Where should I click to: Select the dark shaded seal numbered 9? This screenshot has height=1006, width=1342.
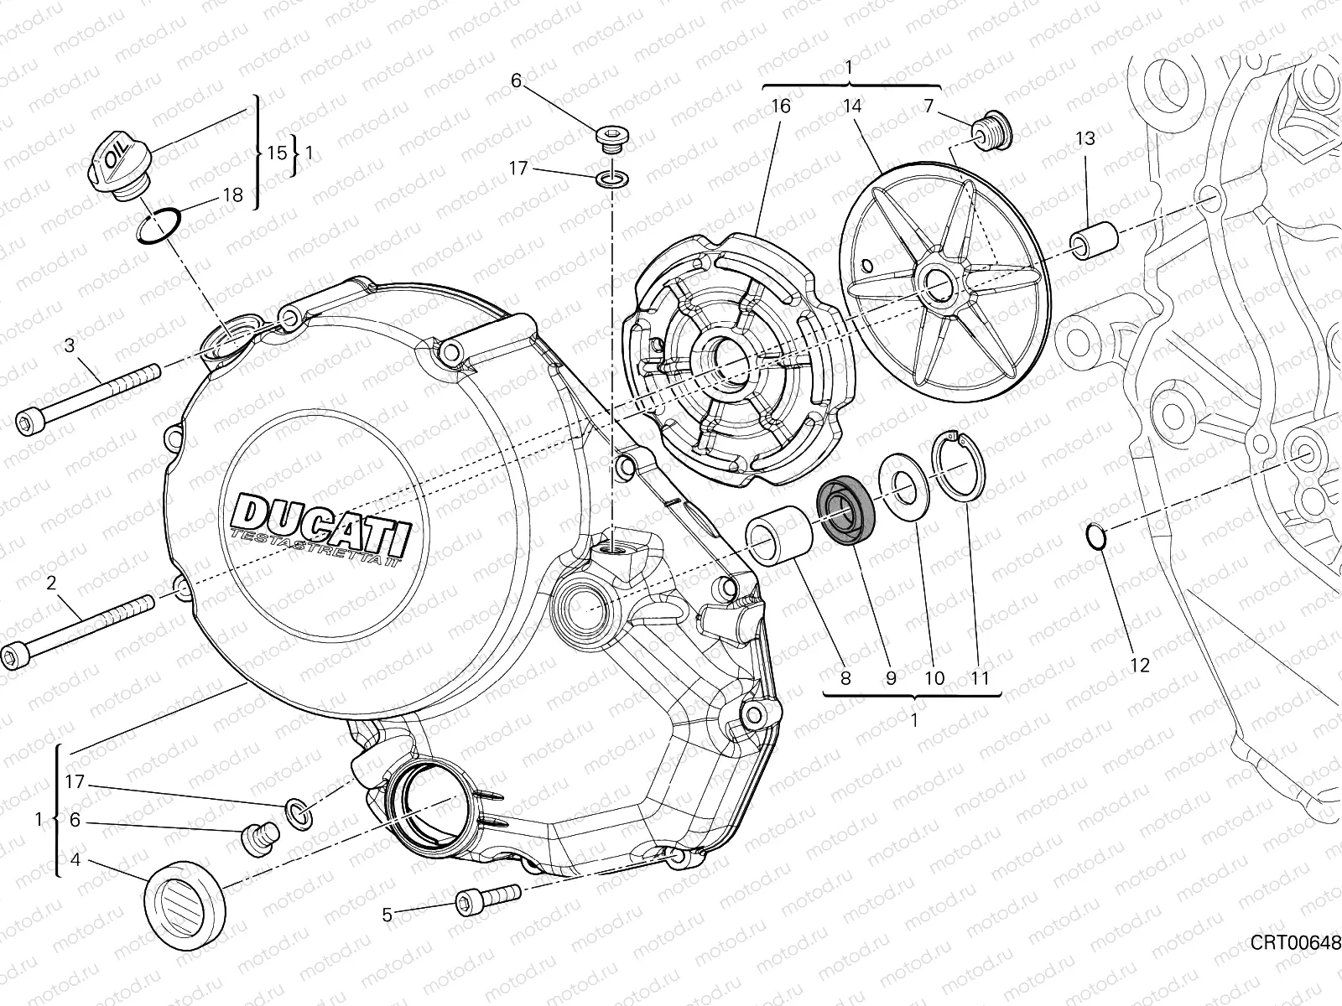click(x=844, y=511)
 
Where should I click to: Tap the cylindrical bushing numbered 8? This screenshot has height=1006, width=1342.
click(x=780, y=536)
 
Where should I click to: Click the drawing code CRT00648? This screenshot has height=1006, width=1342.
click(x=1295, y=944)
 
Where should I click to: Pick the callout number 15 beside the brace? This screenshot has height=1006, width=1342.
click(x=278, y=153)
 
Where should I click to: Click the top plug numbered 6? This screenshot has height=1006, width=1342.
click(x=610, y=137)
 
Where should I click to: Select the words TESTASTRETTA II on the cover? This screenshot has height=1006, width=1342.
click(x=318, y=546)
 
